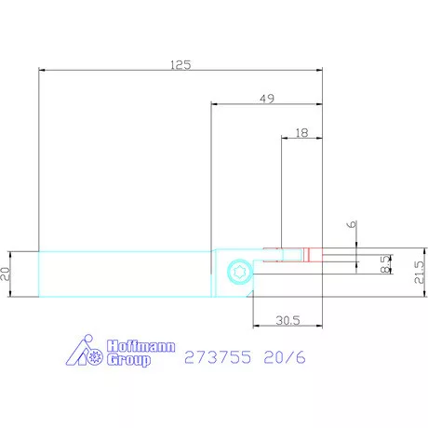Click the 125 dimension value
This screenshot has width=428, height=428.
(x=181, y=65)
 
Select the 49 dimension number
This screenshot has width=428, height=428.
(x=267, y=99)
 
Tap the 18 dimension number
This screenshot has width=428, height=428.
(x=301, y=133)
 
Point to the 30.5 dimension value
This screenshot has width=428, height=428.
(x=288, y=320)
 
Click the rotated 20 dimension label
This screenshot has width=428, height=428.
(x=6, y=274)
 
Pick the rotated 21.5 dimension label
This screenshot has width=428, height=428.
(x=419, y=272)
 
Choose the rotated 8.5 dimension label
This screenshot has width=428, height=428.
(x=385, y=264)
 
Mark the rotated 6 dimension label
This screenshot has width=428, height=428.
(x=352, y=224)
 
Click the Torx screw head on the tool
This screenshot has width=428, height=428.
(x=240, y=272)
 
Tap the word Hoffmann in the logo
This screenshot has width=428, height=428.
(x=140, y=346)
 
